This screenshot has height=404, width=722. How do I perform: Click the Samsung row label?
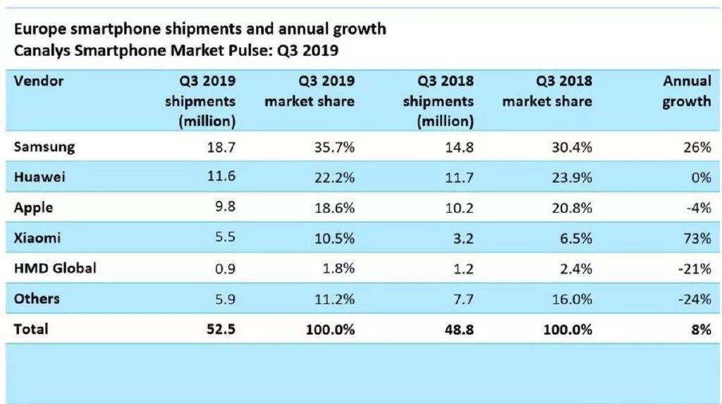click(x=44, y=147)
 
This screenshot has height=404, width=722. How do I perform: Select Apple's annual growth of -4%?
click(x=696, y=209)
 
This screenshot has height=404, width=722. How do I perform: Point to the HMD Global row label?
click(x=54, y=268)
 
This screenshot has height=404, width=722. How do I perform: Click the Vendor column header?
click(x=39, y=81)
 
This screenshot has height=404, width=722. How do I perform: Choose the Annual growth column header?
click(x=686, y=91)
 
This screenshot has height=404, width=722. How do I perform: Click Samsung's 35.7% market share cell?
click(x=336, y=147)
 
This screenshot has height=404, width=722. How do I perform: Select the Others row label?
click(x=37, y=298)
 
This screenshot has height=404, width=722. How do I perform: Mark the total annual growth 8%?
click(x=700, y=329)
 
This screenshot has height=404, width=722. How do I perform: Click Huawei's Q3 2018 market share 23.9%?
click(x=573, y=178)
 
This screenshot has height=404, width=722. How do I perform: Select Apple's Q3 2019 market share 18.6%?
click(x=336, y=209)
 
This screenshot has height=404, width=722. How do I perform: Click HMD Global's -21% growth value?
click(x=694, y=268)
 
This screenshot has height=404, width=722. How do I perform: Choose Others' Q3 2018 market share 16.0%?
click(x=573, y=298)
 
